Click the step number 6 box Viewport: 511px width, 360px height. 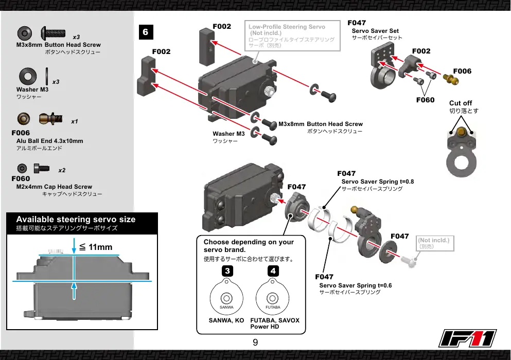pyautogui.click(x=146, y=32)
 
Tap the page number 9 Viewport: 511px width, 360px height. pyautogui.click(x=255, y=343)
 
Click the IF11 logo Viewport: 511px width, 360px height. pyautogui.click(x=467, y=338)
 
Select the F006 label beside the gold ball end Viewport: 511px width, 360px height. pyautogui.click(x=462, y=71)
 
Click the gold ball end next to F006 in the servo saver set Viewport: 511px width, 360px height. pyautogui.click(x=451, y=79)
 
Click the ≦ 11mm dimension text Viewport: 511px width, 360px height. pyautogui.click(x=96, y=247)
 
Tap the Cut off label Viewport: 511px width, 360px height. pyautogui.click(x=461, y=103)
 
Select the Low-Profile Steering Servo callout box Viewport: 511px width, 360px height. pyautogui.click(x=292, y=36)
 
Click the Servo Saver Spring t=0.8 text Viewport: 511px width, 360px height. pyautogui.click(x=378, y=182)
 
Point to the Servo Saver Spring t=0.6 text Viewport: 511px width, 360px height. pyautogui.click(x=356, y=285)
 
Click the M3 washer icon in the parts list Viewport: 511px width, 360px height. pyautogui.click(x=28, y=76)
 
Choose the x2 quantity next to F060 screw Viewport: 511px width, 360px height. pyautogui.click(x=62, y=170)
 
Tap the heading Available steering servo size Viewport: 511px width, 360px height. pyautogui.click(x=76, y=219)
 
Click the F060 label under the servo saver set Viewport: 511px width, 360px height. pyautogui.click(x=425, y=100)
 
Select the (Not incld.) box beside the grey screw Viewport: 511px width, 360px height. pyautogui.click(x=435, y=243)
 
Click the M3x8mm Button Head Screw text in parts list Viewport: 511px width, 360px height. pyautogui.click(x=59, y=45)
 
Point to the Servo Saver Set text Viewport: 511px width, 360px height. pyautogui.click(x=375, y=31)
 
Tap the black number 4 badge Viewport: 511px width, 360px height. pyautogui.click(x=273, y=271)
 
